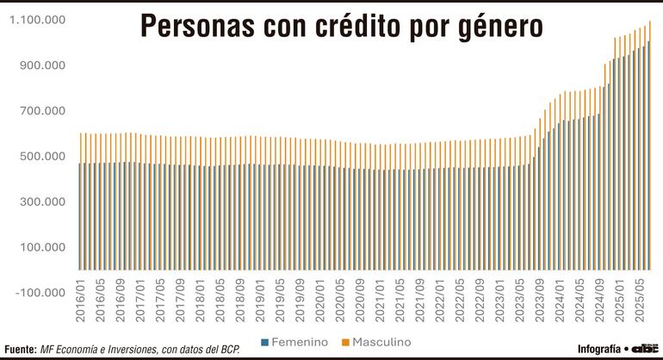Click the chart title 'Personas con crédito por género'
pos(341,26)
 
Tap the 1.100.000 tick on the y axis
pos(38,20)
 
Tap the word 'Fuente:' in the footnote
pos(21,350)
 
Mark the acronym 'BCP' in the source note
pos(228,350)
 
